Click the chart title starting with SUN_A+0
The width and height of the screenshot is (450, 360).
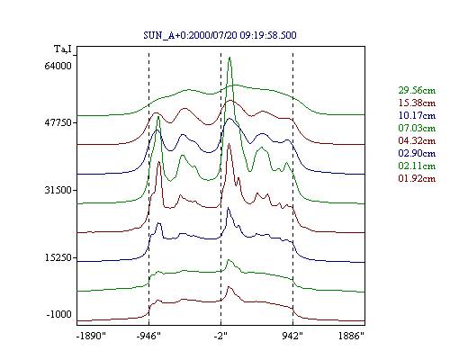coord(220,35)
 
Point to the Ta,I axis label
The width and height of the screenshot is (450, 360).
coord(63,49)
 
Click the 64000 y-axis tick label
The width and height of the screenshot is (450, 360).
coord(58,66)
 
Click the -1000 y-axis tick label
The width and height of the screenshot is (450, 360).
coord(58,314)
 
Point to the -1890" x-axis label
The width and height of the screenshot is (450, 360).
coord(91,336)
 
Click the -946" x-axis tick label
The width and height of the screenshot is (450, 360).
coord(148,336)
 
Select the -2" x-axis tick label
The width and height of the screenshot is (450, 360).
coord(220,336)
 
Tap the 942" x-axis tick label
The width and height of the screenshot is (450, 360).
coord(292,336)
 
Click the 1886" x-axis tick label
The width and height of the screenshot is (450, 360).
coord(351,336)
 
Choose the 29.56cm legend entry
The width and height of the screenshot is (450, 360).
coord(417,90)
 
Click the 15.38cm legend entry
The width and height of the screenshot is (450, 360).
coord(417,103)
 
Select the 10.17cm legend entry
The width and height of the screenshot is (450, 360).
coord(417,115)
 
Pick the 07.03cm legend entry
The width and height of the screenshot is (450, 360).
coord(417,128)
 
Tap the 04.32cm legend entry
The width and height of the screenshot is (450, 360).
coord(417,140)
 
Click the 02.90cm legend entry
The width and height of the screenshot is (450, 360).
coord(417,153)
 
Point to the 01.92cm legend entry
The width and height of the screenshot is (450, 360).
coord(417,178)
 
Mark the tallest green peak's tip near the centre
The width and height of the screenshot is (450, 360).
coord(229,57)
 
